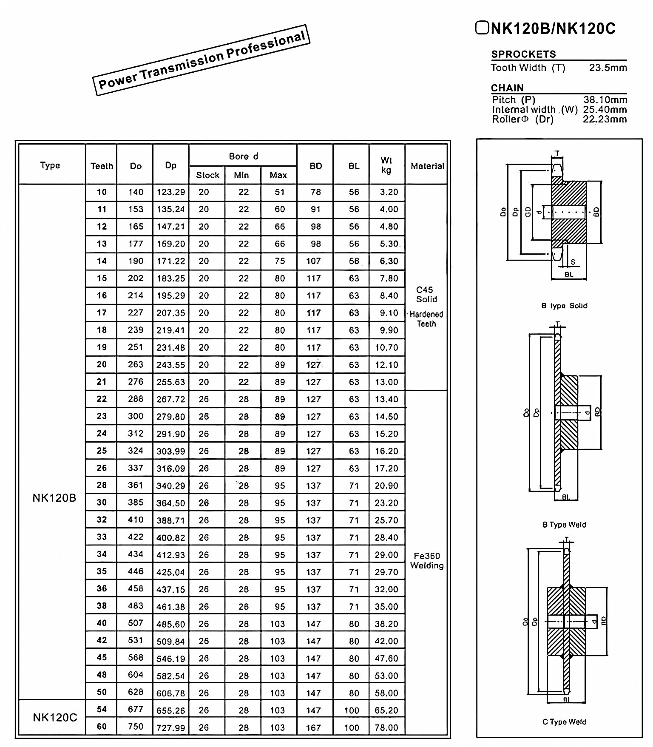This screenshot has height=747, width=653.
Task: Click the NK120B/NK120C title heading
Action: coord(545,28)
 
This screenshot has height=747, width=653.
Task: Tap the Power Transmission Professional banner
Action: coord(201,60)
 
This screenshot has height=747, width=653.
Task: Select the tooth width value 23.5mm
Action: coord(608,68)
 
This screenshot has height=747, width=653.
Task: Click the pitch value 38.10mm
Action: coord(605,100)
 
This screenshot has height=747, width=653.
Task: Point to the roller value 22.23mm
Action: coord(605,119)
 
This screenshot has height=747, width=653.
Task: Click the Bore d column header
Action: coord(243,156)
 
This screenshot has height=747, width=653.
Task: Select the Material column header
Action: coord(427,166)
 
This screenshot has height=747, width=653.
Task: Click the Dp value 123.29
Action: coord(170,192)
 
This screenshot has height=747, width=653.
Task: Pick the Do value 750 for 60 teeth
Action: coord(136,726)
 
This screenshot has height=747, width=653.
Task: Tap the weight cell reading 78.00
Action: coord(386,727)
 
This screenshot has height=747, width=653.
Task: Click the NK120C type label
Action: coord(55,718)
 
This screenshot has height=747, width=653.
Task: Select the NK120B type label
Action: coord(54,498)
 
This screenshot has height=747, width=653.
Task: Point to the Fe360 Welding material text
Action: coord(426,560)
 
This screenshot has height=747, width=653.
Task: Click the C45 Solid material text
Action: coord(426,294)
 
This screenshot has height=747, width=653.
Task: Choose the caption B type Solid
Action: coord(564,306)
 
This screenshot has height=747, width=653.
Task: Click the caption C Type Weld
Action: coord(564,722)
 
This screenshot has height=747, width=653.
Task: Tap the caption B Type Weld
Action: coord(564,525)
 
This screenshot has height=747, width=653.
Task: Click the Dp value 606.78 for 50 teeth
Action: coord(170,693)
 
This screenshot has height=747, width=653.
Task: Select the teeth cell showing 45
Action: coord(102,657)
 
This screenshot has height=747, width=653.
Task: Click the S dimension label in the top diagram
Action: coord(573,262)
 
